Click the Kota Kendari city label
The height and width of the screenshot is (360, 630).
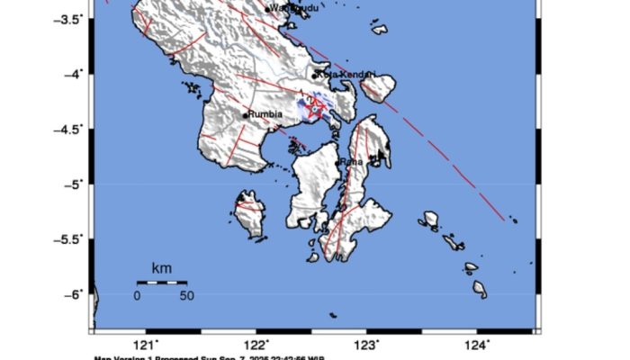click(347, 74)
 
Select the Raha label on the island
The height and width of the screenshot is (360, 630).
click(352, 161)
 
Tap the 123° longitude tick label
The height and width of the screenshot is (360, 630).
click(367, 345)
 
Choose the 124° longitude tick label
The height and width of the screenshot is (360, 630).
click(478, 345)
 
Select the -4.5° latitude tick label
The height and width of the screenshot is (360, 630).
click(66, 129)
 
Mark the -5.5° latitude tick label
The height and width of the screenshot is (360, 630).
click(66, 238)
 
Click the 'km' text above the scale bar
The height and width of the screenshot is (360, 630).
click(161, 268)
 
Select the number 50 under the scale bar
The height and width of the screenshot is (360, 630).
click(185, 295)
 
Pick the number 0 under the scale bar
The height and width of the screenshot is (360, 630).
click(138, 295)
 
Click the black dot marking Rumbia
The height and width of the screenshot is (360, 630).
click(245, 115)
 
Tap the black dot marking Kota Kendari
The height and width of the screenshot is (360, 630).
click(315, 76)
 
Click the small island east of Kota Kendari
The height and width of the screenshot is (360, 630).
click(377, 87)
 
